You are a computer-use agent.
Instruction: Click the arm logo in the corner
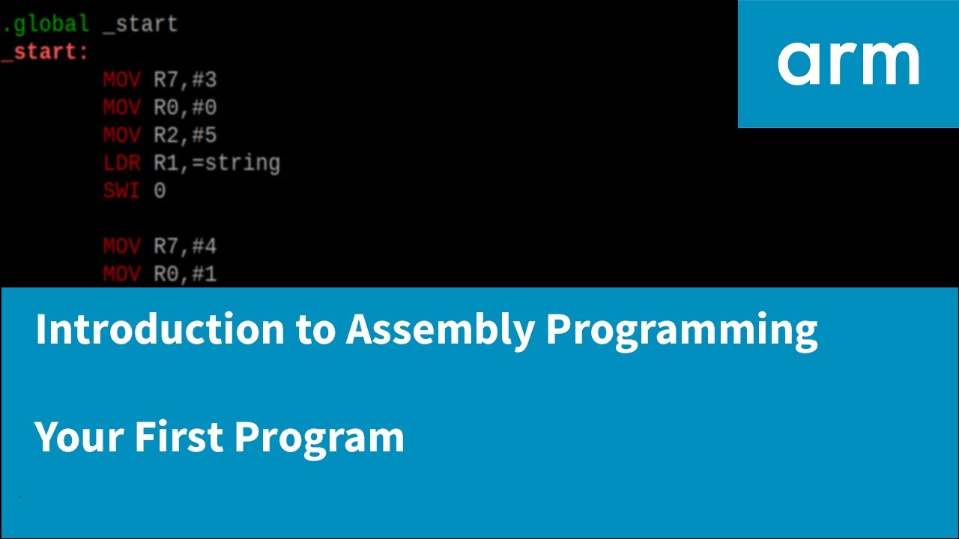tap(848, 64)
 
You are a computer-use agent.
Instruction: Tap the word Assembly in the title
tap(439, 329)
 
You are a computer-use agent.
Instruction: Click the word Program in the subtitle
tap(319, 438)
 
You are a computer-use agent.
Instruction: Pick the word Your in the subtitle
tap(79, 436)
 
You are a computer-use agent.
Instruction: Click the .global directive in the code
tap(46, 24)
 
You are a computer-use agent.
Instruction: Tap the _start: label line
tap(45, 52)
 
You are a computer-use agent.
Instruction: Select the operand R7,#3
tap(185, 80)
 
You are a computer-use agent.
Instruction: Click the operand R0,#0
tap(185, 108)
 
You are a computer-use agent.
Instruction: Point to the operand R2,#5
tap(185, 135)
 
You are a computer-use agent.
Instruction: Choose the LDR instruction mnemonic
tap(121, 163)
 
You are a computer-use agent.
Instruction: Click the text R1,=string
tap(217, 163)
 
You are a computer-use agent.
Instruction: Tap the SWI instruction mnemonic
tap(121, 191)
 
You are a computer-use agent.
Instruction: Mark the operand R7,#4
tap(185, 246)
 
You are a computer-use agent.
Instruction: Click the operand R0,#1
tap(185, 274)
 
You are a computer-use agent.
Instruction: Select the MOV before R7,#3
tap(121, 80)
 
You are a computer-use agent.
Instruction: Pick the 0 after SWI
tap(160, 191)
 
